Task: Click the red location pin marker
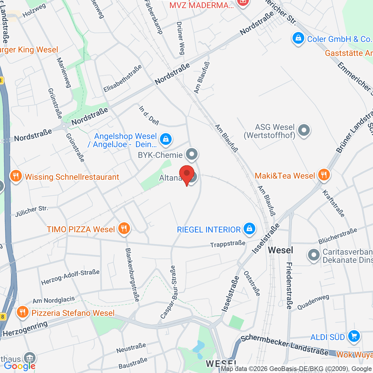[x=187, y=174]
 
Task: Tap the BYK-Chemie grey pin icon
[x=192, y=154]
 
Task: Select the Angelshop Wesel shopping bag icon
[x=166, y=139]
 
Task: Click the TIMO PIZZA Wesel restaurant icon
[x=124, y=229]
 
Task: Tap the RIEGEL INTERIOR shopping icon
[x=249, y=229]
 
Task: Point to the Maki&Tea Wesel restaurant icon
[x=324, y=175]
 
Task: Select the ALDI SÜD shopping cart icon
[x=354, y=336]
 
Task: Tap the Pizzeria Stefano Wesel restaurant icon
[x=22, y=312]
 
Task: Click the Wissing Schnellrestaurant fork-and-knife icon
[x=16, y=176]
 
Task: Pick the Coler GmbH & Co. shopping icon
[x=298, y=39]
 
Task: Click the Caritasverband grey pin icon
[x=314, y=255]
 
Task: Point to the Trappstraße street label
[x=228, y=244]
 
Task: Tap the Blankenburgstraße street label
[x=132, y=274]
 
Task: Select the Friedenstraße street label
[x=289, y=286]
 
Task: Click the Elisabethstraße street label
[x=123, y=78]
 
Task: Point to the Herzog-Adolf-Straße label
[x=70, y=277]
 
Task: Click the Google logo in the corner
[x=19, y=366]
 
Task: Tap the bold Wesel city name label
[x=280, y=250]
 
